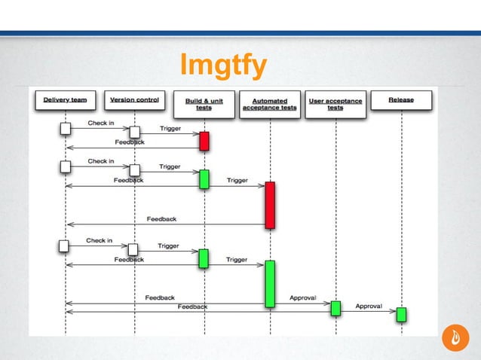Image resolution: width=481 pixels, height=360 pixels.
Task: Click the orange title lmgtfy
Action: (x=222, y=67)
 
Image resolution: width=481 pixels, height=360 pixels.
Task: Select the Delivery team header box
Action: (x=65, y=99)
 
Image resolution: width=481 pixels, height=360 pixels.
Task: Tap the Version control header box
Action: (x=135, y=99)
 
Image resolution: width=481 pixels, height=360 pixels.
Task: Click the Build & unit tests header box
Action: (x=204, y=104)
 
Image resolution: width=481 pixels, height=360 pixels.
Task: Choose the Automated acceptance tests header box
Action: (x=269, y=104)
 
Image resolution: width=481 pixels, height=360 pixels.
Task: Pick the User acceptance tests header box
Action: (x=335, y=104)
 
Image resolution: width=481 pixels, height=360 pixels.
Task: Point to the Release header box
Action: (x=401, y=99)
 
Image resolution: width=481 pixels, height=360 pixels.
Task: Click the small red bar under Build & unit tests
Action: (x=204, y=141)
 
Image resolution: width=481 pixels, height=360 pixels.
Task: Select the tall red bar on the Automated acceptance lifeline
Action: (x=270, y=204)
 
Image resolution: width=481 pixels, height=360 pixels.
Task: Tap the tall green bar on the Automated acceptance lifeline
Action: (x=270, y=283)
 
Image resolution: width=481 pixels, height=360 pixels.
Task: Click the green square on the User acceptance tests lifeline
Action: (x=335, y=307)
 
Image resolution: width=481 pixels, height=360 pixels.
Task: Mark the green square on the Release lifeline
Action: (x=402, y=314)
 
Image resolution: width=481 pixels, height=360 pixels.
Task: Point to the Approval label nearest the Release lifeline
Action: (x=369, y=307)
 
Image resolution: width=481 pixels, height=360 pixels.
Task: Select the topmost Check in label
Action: (x=100, y=124)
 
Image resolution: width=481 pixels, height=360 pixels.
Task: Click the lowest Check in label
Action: (x=99, y=241)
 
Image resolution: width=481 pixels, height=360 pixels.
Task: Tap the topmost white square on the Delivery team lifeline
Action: (x=66, y=129)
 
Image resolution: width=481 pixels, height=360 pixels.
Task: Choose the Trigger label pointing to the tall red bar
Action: (x=237, y=181)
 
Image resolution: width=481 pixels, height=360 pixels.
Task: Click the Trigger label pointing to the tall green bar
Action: (x=237, y=260)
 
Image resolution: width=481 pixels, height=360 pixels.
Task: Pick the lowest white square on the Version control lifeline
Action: (x=133, y=249)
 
